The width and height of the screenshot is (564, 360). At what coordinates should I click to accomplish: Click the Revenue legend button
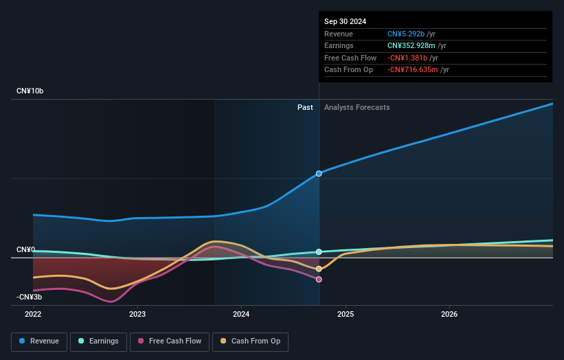pos(39,341)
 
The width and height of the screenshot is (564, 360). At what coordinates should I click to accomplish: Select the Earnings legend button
pos(98,341)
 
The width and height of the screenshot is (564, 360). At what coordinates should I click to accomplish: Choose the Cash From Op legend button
pos(250,341)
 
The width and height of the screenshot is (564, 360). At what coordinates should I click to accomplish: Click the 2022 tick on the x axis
pos(33,314)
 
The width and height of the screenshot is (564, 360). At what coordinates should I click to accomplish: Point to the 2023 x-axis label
pos(137,314)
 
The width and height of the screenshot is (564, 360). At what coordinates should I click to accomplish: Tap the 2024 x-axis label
pos(241,314)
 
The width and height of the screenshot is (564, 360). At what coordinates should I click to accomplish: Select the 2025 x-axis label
pos(346,314)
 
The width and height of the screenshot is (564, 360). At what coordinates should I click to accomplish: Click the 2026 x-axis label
pos(449,314)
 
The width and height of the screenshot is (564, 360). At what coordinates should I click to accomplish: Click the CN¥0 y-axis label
pos(25,249)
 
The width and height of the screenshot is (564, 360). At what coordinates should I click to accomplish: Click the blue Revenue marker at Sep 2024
pos(319,174)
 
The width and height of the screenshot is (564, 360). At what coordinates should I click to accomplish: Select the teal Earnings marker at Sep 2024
pos(319,252)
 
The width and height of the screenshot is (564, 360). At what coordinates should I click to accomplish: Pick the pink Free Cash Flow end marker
pos(319,279)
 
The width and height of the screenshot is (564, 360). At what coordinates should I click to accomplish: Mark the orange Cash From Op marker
pos(319,269)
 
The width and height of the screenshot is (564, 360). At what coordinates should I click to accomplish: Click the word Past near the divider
pos(305,107)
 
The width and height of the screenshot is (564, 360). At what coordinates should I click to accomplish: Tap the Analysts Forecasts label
pos(357,107)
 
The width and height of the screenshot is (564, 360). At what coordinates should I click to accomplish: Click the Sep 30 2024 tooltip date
pos(345,21)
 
